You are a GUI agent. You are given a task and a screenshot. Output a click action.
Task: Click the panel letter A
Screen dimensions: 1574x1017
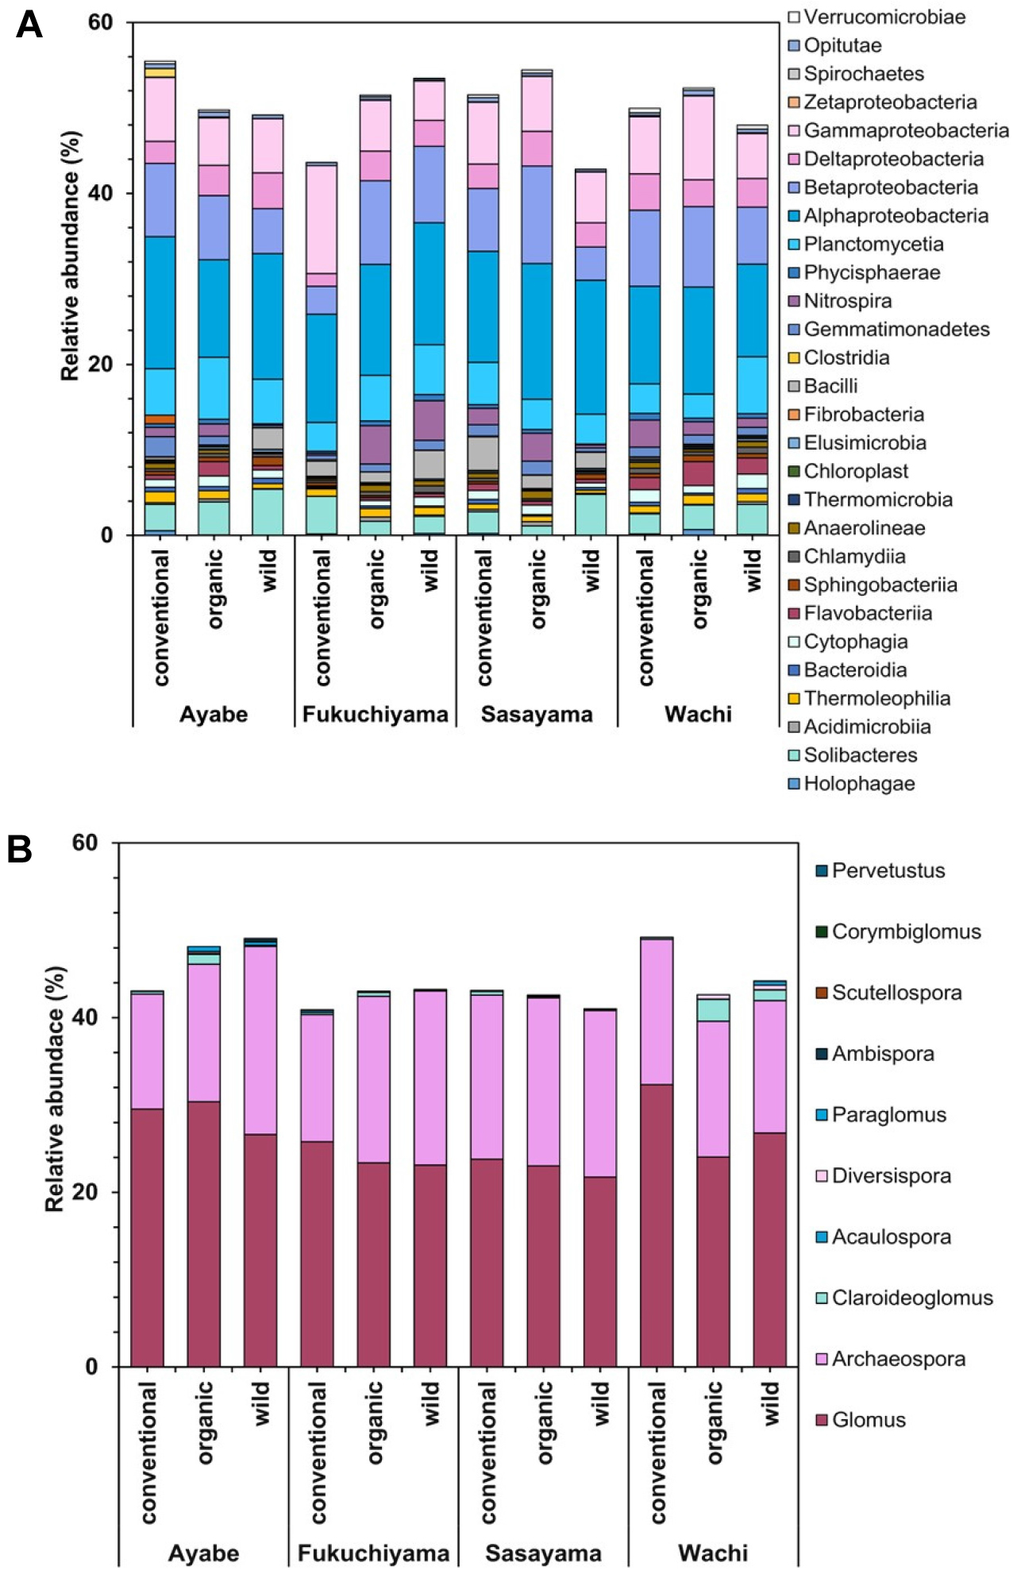pos(29,25)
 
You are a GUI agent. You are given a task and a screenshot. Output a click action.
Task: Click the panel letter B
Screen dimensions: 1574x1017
pos(20,849)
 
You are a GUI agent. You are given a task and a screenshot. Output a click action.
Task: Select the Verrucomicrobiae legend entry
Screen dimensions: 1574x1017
pos(877,17)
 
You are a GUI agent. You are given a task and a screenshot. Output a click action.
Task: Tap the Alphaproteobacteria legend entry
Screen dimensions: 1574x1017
pos(888,216)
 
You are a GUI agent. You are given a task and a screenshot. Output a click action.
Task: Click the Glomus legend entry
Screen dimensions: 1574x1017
pos(861,1419)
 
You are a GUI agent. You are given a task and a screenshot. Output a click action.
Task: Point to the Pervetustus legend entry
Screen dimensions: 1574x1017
pos(880,870)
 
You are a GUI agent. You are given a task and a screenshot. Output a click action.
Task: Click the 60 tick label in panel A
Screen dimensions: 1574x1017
pos(101,23)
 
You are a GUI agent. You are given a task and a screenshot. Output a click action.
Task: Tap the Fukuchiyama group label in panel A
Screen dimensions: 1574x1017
pos(375,714)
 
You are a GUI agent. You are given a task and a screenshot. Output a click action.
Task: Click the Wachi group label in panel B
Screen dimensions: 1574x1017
pos(712,1553)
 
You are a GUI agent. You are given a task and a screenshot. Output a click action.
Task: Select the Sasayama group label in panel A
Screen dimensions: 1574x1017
pos(537,714)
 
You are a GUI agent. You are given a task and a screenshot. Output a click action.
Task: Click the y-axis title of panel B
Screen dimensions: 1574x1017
pos(55,1089)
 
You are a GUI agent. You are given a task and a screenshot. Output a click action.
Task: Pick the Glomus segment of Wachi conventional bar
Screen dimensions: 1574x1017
pos(657,1224)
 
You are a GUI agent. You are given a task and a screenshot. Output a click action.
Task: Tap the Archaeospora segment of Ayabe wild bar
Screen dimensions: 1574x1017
pos(260,1040)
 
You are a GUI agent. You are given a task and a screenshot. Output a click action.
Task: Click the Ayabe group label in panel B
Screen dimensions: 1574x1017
pos(203,1553)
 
